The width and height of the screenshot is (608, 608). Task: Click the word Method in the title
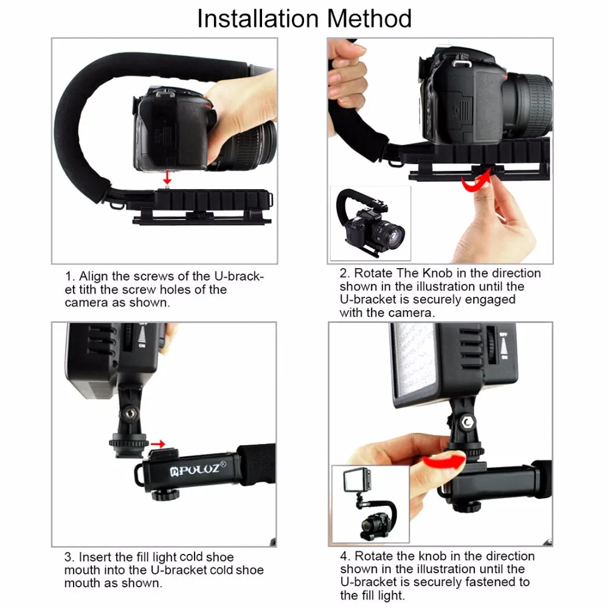(369, 18)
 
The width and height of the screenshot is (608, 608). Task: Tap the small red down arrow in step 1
(167, 177)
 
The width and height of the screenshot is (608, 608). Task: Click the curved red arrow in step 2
(477, 182)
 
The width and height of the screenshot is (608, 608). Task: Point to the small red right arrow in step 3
(158, 444)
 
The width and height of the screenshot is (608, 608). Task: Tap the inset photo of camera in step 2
(370, 223)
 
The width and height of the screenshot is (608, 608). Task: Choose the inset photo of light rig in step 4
(370, 504)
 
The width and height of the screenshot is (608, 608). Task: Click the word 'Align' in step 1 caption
(94, 277)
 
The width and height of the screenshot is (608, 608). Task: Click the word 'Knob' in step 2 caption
(437, 274)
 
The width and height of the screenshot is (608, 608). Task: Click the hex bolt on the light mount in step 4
(468, 422)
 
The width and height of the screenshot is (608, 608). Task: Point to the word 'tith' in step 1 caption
(88, 289)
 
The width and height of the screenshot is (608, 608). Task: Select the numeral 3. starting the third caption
(69, 557)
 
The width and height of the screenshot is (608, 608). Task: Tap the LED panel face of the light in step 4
(413, 361)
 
